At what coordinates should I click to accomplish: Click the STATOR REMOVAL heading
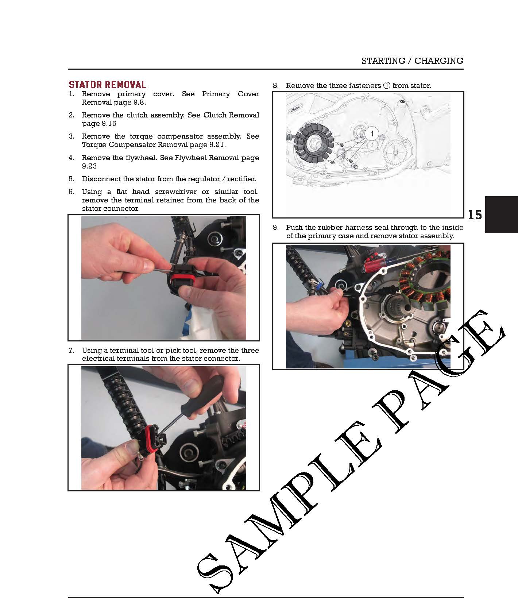tap(108, 85)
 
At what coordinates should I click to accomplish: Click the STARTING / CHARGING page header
tap(412, 61)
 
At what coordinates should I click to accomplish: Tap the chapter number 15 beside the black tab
tap(475, 215)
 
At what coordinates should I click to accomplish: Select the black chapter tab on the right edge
tap(501, 215)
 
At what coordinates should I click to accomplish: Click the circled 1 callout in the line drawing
tap(372, 134)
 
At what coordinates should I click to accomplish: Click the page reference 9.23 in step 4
tap(89, 166)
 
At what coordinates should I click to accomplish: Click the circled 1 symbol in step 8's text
tap(387, 85)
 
